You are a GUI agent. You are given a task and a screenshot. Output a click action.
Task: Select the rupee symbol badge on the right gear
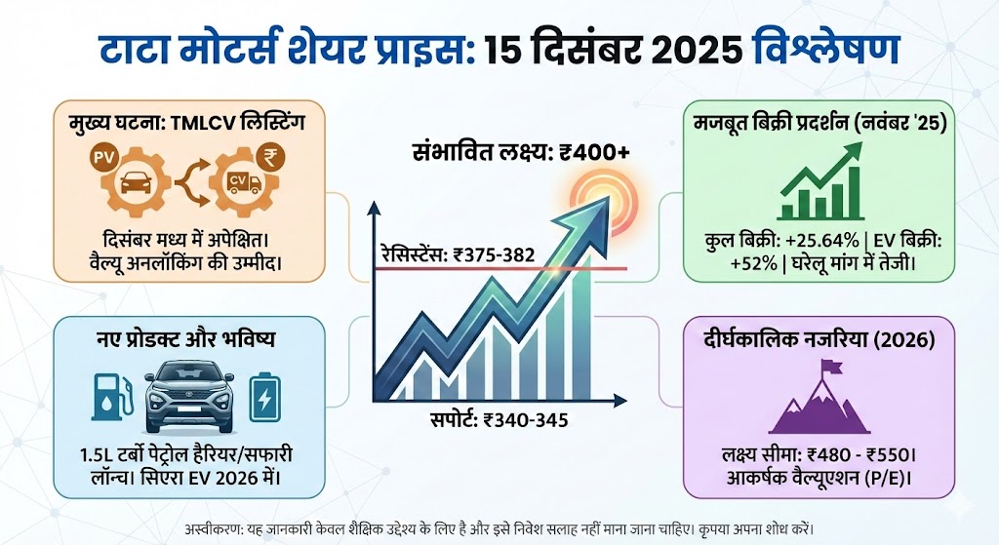[266, 156]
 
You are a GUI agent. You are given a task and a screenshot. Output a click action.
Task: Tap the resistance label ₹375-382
[458, 255]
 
